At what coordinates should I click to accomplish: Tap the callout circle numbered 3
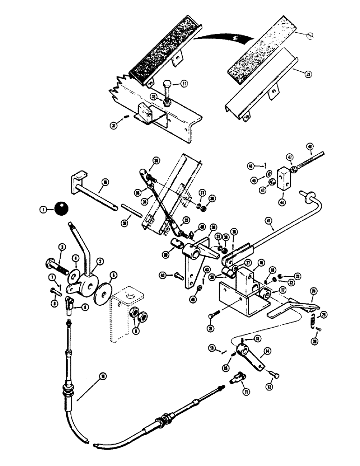pos(61,247)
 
